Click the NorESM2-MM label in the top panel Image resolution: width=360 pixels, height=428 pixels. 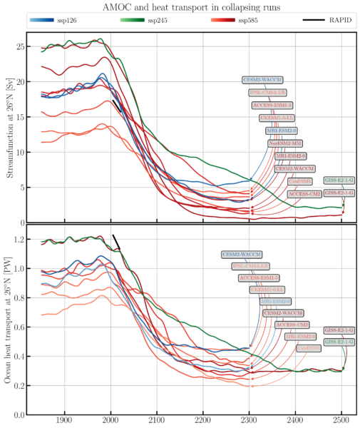click(x=284, y=143)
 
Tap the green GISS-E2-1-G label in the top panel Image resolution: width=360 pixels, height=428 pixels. click(x=339, y=180)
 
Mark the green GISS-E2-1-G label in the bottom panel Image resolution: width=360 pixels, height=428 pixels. click(x=339, y=342)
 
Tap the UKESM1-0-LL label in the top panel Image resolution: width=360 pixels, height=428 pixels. click(x=276, y=118)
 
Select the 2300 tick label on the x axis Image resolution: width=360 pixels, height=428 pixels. click(x=249, y=421)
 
